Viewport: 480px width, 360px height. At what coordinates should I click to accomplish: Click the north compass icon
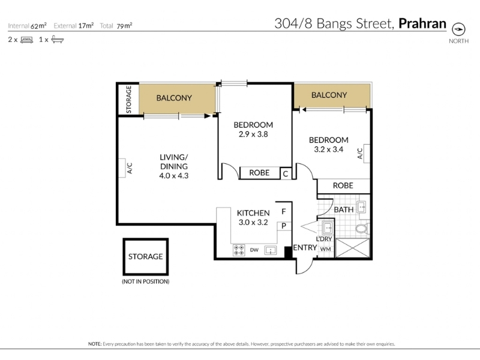click(x=458, y=29)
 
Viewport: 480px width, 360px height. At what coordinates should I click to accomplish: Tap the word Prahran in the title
click(x=422, y=23)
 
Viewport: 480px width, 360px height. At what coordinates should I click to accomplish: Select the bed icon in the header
click(x=26, y=40)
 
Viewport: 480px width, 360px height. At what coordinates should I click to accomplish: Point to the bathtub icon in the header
click(x=57, y=40)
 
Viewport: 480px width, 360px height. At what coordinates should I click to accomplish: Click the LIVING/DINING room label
click(x=173, y=161)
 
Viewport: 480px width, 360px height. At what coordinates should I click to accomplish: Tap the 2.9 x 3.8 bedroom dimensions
click(x=253, y=134)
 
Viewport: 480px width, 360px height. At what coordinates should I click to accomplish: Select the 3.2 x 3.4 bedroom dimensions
click(x=328, y=149)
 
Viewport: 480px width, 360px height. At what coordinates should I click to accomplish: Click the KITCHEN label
click(x=253, y=213)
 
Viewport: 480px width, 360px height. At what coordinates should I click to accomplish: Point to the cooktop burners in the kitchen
click(x=238, y=250)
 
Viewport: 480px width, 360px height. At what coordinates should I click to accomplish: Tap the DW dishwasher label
click(x=254, y=250)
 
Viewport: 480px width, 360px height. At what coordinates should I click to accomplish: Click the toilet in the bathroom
click(x=362, y=229)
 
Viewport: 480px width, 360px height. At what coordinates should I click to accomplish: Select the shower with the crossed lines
click(x=353, y=248)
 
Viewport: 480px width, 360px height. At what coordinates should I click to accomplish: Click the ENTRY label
click(x=305, y=247)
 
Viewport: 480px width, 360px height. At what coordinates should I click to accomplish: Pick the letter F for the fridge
click(x=284, y=212)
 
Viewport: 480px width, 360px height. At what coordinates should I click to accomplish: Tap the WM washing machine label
click(x=325, y=249)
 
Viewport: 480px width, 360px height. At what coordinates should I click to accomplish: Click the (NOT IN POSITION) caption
click(x=145, y=281)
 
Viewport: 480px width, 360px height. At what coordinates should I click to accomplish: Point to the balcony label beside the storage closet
click(x=174, y=98)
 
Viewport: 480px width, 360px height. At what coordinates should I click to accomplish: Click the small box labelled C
click(x=286, y=174)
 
